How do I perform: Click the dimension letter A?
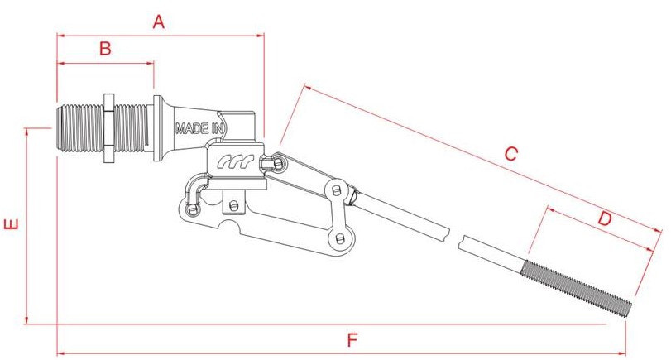pos(159,22)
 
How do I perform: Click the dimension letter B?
pos(105,49)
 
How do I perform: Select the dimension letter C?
pos(510,153)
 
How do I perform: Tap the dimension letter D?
pos(605,219)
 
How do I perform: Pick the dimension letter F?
pos(352,339)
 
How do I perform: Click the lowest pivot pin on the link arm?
pos(339,238)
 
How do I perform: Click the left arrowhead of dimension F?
pos(59,353)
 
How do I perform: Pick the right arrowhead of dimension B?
pos(151,62)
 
